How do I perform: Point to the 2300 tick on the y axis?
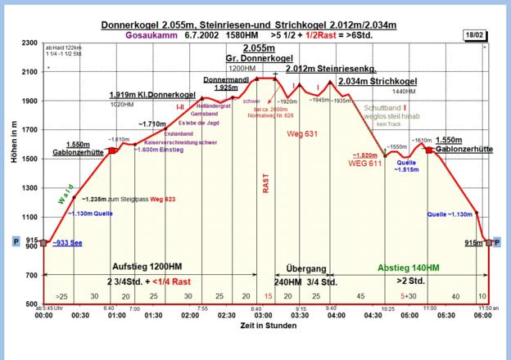[29, 43]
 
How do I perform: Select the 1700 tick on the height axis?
[29, 129]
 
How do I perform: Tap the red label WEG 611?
[364, 164]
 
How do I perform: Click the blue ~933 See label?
[67, 243]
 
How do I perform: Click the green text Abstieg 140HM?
[408, 268]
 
